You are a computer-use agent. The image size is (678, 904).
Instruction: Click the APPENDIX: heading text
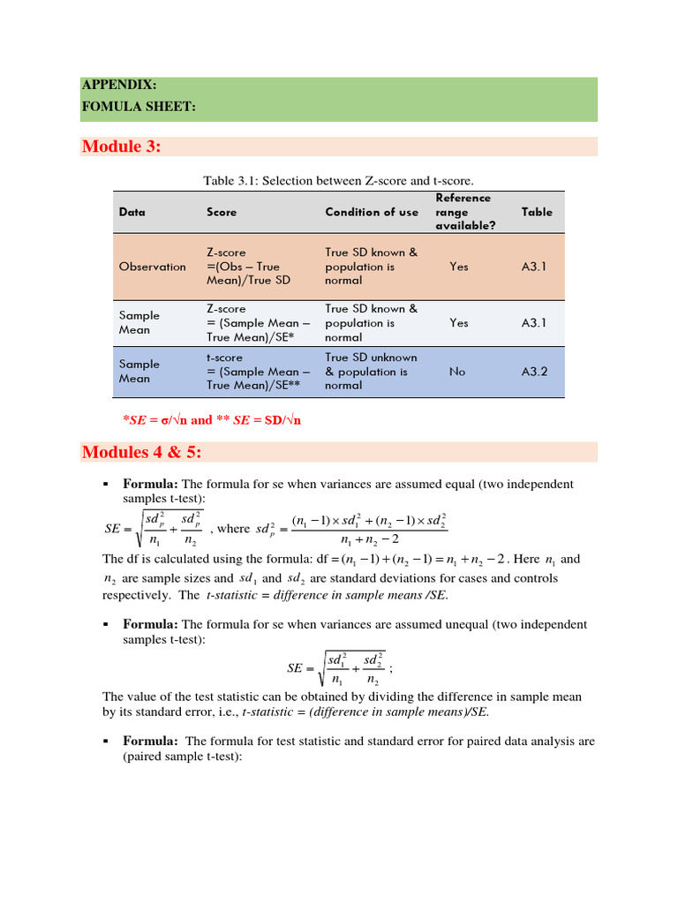tap(119, 86)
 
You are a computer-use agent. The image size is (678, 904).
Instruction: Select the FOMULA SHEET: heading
tap(138, 107)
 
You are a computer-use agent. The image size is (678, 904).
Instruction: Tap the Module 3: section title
tap(121, 147)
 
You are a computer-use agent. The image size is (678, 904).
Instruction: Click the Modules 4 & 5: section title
tap(141, 453)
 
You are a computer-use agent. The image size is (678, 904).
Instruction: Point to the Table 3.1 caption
tap(338, 181)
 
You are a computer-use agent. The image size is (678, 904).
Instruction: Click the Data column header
tap(132, 213)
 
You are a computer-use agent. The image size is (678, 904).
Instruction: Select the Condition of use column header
tap(372, 213)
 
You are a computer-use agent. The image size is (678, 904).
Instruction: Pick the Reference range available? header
tap(464, 212)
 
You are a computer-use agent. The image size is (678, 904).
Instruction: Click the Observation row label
tap(152, 267)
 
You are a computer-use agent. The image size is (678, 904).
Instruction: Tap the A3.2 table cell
tap(534, 372)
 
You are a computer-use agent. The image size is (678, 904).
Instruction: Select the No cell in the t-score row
tap(456, 372)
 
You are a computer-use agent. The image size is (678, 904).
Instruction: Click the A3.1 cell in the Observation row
tap(534, 267)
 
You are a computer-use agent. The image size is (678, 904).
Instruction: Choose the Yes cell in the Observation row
tap(459, 267)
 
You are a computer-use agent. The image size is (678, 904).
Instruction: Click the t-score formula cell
tap(258, 372)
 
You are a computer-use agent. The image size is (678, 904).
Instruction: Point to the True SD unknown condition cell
tap(371, 372)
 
